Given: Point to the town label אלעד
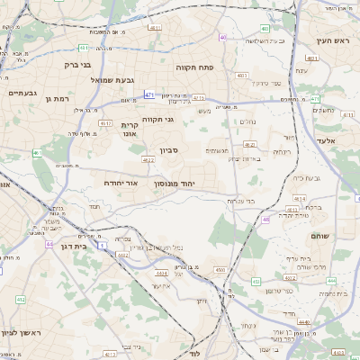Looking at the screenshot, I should [x=326, y=141].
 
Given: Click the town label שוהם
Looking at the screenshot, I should [x=320, y=235].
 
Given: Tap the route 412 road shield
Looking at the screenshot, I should [x=20, y=298].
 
